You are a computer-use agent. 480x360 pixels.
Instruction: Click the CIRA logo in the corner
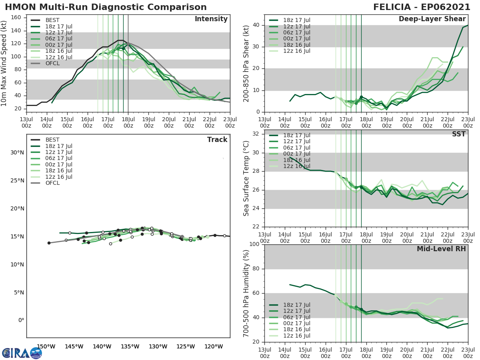[22, 353]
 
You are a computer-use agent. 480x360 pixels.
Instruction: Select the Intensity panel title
[211, 19]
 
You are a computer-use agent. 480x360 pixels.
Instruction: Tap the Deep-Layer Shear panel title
[432, 19]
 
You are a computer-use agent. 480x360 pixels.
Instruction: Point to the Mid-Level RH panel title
[441, 249]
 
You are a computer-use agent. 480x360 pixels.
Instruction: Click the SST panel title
[458, 134]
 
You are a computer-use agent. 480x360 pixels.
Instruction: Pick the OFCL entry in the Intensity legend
[52, 63]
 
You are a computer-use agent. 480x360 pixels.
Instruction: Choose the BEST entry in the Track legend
[52, 140]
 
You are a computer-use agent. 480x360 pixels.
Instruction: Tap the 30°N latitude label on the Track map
[17, 152]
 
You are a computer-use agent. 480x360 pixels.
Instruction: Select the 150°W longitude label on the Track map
[46, 346]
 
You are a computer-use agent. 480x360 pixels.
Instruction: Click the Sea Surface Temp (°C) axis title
[246, 178]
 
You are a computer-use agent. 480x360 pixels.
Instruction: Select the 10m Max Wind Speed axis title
[4, 62]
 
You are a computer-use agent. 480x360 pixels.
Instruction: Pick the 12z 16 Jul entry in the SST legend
[296, 166]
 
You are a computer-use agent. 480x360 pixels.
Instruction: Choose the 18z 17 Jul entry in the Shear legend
[296, 20]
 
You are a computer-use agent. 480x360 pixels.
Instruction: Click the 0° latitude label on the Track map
[21, 320]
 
